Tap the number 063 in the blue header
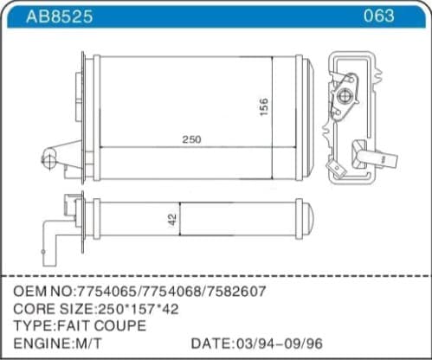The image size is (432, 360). coord(378,16)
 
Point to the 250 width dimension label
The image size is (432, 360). coord(191,140)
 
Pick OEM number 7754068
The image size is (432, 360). coord(171,290)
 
